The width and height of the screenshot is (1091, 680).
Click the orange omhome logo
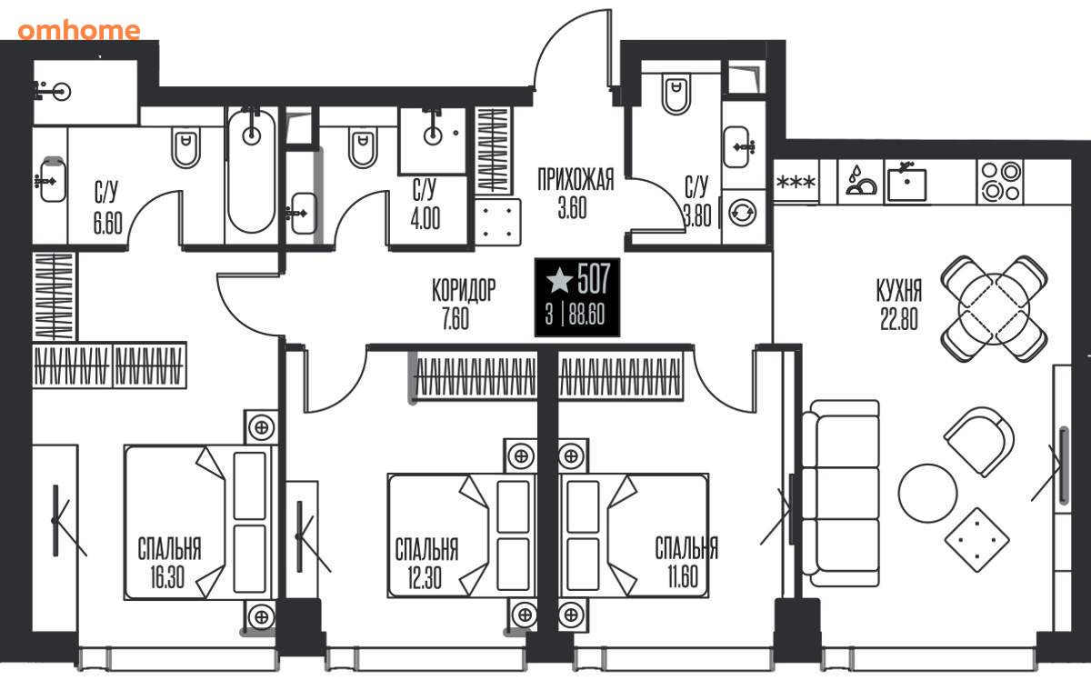click(x=79, y=30)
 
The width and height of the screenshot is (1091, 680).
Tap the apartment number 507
click(x=593, y=278)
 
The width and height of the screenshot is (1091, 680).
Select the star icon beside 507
click(x=559, y=280)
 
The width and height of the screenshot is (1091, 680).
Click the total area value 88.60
click(x=587, y=315)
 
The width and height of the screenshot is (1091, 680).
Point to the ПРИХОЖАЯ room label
click(x=576, y=179)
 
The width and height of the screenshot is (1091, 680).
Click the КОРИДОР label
click(x=464, y=290)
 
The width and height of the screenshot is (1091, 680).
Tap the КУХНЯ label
click(x=899, y=290)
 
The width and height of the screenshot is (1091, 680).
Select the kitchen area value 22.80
click(x=899, y=319)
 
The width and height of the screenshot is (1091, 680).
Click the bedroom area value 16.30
click(x=167, y=577)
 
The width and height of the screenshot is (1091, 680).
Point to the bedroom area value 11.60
click(x=683, y=576)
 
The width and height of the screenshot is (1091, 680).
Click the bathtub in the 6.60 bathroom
click(x=251, y=171)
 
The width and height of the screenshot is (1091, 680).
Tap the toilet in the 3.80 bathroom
click(x=676, y=95)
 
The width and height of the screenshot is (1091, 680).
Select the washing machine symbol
click(x=742, y=214)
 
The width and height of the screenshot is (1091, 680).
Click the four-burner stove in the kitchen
click(x=1001, y=181)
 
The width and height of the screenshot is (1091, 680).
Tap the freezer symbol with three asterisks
click(x=796, y=182)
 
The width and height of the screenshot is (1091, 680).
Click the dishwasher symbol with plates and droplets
click(x=861, y=181)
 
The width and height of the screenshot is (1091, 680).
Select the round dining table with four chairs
click(x=994, y=309)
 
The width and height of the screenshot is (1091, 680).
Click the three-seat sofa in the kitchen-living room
click(x=841, y=494)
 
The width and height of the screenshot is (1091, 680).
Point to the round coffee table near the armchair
click(x=928, y=493)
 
